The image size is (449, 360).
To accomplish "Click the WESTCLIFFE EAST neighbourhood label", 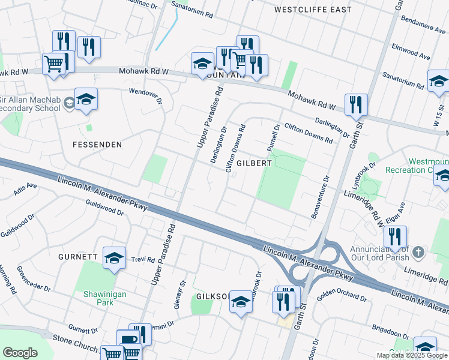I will (312, 10).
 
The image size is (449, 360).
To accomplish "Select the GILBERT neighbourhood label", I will (254, 163).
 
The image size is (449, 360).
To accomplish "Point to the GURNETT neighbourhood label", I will (78, 257).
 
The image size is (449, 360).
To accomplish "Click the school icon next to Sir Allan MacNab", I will (86, 100).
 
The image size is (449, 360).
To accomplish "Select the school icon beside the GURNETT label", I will (114, 257).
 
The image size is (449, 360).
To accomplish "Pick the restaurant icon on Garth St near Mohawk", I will (357, 104).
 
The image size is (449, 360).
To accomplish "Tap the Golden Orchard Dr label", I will (342, 295).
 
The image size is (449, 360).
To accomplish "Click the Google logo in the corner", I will (20, 353).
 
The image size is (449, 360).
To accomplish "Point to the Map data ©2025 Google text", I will (412, 355).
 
